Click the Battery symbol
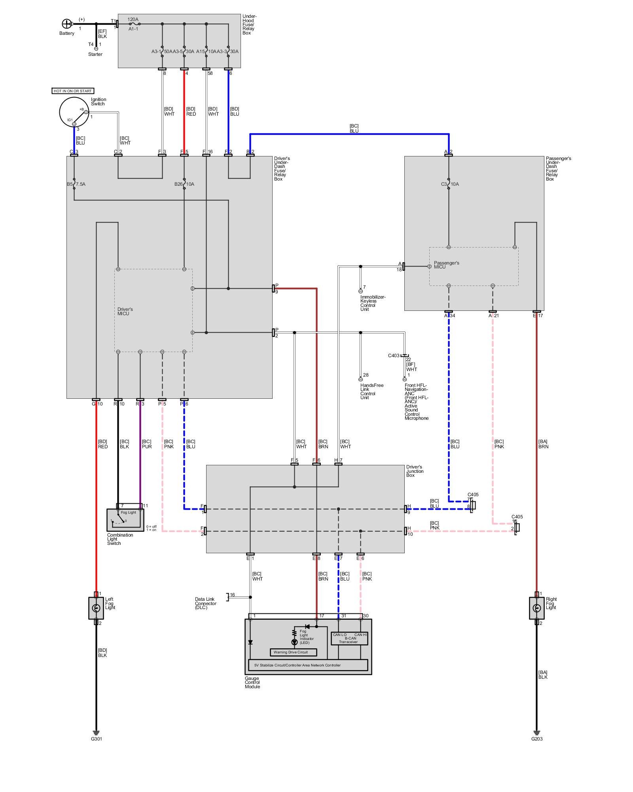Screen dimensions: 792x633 point(66,24)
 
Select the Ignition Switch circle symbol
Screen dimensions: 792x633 point(74,112)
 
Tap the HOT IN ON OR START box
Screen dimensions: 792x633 point(73,91)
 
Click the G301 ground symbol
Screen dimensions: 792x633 point(96,733)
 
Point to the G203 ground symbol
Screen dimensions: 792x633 point(536,733)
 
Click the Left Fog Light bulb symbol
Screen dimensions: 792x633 point(96,608)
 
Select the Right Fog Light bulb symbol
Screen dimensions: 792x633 point(536,608)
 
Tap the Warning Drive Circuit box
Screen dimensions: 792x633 point(293,652)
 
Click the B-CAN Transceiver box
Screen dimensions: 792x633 point(349,638)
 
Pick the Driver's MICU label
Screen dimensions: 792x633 point(125,311)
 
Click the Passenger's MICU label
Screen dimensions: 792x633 point(446,265)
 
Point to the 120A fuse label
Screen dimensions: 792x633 point(133,19)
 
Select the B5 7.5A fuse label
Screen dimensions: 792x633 point(76,184)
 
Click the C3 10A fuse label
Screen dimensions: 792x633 point(450,184)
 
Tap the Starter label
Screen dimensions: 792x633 point(95,54)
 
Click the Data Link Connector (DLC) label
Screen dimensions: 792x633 point(205,603)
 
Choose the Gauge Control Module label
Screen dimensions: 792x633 point(252,682)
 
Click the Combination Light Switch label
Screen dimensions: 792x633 point(120,539)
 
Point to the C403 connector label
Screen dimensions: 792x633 point(394,356)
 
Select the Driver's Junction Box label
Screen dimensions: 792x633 point(415,471)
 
